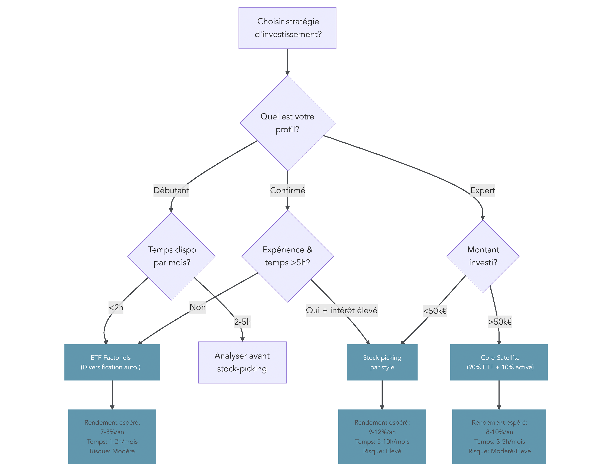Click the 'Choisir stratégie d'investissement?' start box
pos(287,28)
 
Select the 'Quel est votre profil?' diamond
pos(287,123)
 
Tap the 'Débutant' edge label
pos(171,191)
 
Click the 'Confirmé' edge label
pos(287,191)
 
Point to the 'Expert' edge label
pos(482,191)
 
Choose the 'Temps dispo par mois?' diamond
pos(171,256)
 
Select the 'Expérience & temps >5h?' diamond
pos(287,256)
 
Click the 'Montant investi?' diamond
pos(483,256)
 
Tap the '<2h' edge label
pos(116,308)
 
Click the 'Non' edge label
pos(198,307)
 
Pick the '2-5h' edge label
pos(242,322)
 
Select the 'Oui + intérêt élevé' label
pos(342,310)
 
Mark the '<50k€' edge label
pos(435,311)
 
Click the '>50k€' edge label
pos(500,322)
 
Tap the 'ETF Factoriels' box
pos(112,362)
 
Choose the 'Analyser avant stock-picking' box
pos(242,362)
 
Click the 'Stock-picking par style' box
pos(382,362)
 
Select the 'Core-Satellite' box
pos(499,362)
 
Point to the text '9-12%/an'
pos(382,432)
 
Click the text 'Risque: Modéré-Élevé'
pos(499,451)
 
